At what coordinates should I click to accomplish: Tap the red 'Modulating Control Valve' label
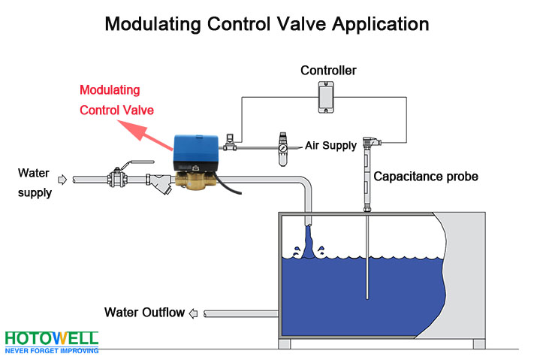116,100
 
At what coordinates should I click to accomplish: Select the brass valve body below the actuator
195,180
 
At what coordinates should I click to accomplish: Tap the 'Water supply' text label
35,183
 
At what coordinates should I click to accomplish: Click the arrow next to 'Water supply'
62,180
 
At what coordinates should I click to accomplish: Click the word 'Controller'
328,71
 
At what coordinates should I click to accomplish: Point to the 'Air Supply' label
330,145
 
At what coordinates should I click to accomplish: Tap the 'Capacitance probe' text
426,177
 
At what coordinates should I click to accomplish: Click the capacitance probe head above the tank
367,144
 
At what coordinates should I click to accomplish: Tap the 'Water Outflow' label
144,313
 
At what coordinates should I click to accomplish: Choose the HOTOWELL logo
51,340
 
